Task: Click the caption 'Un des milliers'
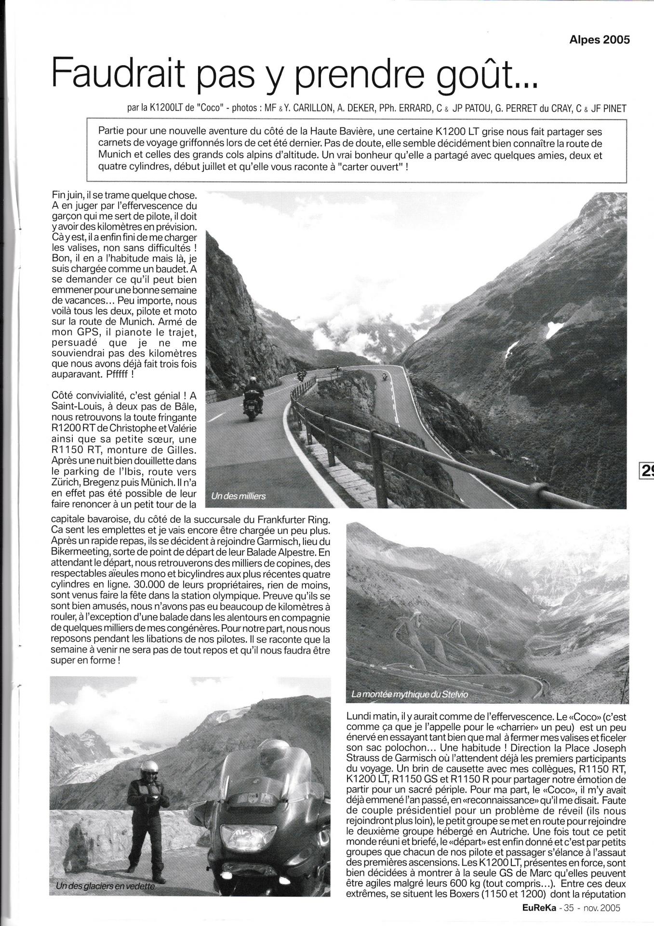pyautogui.click(x=238, y=496)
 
